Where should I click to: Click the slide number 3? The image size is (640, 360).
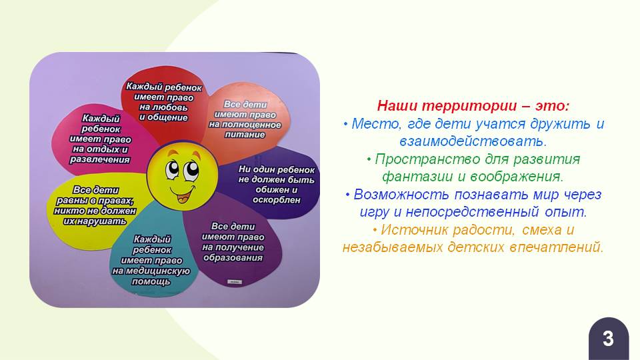608,339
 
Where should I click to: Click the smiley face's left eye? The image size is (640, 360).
172,169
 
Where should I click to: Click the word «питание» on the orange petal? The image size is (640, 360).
245,135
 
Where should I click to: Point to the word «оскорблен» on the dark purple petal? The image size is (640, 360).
276,200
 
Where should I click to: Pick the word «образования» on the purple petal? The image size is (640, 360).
233,258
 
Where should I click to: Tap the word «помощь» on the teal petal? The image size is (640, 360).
151,281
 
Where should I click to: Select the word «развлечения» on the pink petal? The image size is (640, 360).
99,159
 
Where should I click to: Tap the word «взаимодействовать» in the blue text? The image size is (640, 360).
473,141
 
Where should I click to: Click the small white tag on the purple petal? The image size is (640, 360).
235,281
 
